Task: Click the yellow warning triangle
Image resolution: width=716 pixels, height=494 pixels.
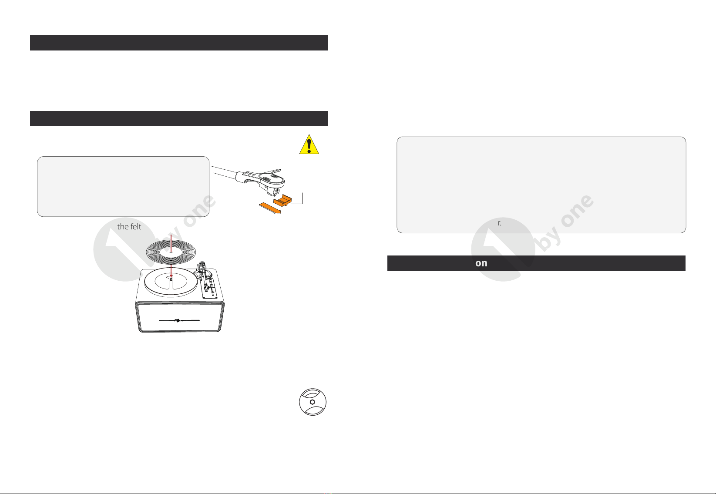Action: tap(309, 145)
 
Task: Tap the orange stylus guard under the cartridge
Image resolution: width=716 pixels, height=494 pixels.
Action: tap(282, 200)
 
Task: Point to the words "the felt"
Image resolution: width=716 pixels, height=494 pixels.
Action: tap(129, 227)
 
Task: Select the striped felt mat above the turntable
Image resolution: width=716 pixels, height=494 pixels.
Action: tap(171, 252)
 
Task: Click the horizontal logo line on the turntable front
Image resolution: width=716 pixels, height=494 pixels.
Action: tap(179, 320)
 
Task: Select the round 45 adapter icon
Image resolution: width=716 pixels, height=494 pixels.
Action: tap(313, 402)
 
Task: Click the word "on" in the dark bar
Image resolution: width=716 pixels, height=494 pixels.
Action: tap(481, 263)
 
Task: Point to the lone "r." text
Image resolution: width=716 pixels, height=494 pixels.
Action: tap(500, 223)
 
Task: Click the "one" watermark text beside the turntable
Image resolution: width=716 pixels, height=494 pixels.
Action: tap(199, 211)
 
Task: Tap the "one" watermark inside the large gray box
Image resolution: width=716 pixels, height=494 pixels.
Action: tap(577, 211)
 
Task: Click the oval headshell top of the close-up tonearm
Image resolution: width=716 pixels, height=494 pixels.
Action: tap(272, 179)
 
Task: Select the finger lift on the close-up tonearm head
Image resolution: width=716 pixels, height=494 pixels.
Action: tap(271, 171)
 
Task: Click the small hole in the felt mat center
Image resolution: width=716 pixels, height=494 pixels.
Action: tap(171, 252)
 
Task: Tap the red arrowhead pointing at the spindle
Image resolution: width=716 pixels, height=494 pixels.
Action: tap(171, 276)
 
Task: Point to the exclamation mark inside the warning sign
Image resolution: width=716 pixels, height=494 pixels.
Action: tap(309, 146)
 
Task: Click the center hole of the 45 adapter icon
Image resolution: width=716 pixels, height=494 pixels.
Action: tap(313, 402)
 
